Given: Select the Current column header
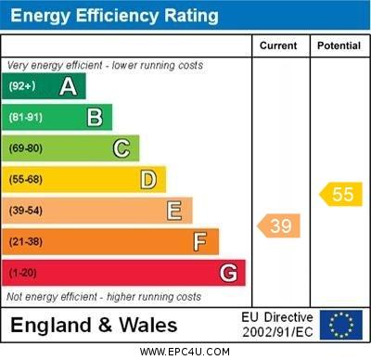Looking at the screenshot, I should click(x=278, y=45).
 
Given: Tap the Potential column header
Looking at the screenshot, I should click(x=339, y=45).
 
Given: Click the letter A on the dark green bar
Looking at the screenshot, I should click(x=68, y=86).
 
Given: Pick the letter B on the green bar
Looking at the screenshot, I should click(x=95, y=117).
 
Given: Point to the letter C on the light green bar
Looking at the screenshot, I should click(x=122, y=148).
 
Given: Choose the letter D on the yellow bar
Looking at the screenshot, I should click(x=148, y=179).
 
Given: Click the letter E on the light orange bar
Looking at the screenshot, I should click(x=174, y=211).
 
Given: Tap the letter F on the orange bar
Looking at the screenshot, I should click(x=200, y=242).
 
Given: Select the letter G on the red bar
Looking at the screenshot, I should click(x=228, y=273).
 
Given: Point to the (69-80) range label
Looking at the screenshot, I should click(x=26, y=148).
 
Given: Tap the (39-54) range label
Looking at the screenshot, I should click(x=26, y=211).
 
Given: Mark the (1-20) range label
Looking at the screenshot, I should click(x=23, y=273).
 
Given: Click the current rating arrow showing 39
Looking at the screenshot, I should click(x=279, y=225).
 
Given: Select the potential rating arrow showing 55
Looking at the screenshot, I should click(x=340, y=194).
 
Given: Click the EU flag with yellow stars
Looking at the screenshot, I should click(x=340, y=325).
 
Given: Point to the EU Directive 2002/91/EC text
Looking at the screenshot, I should click(x=277, y=325).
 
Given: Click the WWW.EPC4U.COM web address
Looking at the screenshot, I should click(x=185, y=352).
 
